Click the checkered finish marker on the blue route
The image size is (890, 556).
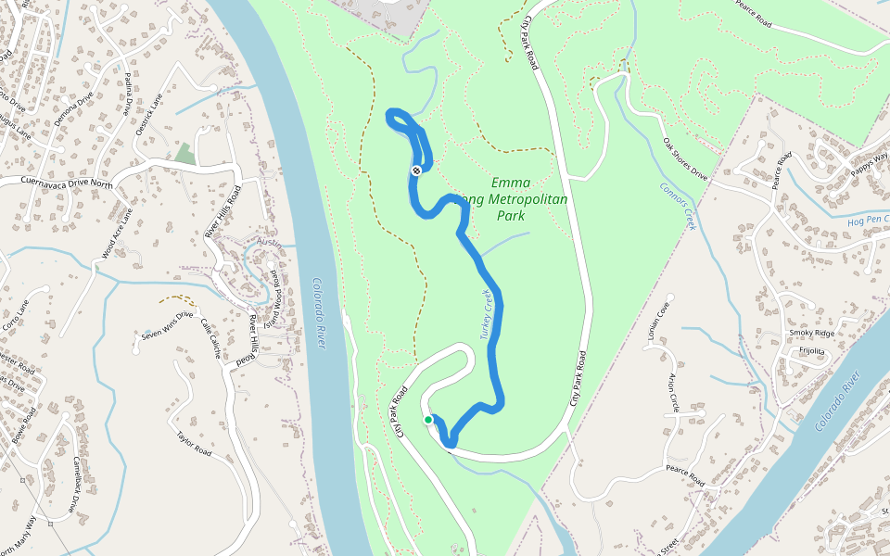click(418, 170)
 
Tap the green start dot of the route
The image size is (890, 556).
click(428, 420)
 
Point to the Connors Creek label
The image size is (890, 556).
click(678, 205)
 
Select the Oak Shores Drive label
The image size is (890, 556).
click(685, 159)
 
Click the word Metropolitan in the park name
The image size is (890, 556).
click(523, 199)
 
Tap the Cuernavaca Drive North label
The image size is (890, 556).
click(56, 183)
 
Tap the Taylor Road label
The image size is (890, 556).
click(195, 442)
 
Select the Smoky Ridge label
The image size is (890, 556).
click(811, 333)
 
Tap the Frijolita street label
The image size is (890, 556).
click(811, 351)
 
